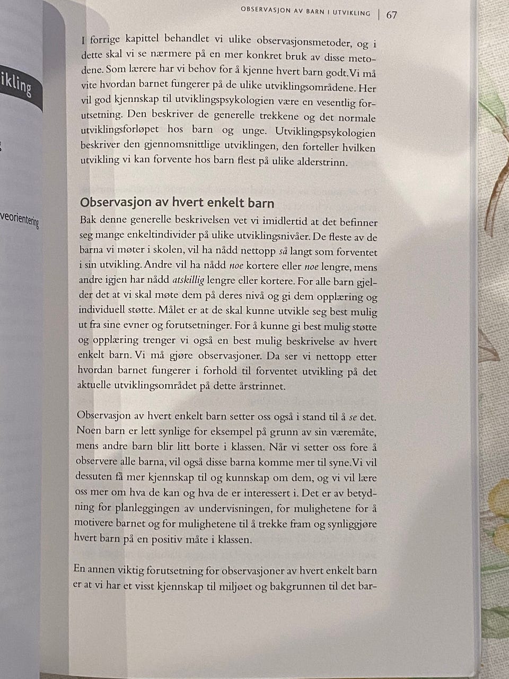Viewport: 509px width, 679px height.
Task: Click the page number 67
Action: pos(392,15)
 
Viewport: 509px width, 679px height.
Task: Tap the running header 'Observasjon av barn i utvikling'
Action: pos(305,11)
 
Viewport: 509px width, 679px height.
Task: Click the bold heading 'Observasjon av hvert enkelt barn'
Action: pos(177,203)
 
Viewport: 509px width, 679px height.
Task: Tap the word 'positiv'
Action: pos(175,539)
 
